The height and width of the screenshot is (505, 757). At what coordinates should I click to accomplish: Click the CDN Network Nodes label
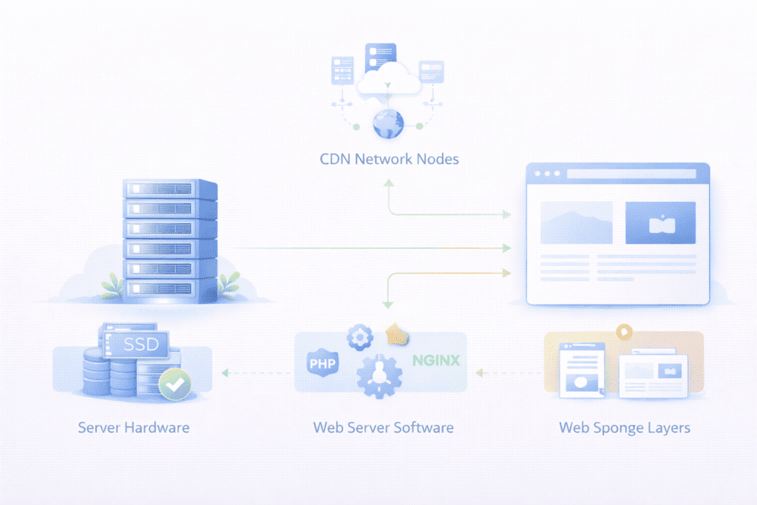388,158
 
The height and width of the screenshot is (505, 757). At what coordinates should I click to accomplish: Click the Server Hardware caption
134,427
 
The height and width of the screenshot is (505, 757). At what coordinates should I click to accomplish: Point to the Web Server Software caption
383,427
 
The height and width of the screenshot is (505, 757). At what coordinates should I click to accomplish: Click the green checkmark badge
175,384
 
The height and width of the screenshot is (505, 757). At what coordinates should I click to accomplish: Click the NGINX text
436,361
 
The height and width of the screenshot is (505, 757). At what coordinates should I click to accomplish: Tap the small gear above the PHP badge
360,337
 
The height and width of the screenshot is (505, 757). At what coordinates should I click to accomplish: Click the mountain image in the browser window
577,223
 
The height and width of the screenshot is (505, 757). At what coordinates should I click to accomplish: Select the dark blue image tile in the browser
660,223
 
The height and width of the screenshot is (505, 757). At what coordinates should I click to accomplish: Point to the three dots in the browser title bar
548,174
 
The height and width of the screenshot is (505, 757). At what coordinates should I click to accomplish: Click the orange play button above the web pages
625,331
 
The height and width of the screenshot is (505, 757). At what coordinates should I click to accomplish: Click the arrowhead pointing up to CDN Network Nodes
389,182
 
